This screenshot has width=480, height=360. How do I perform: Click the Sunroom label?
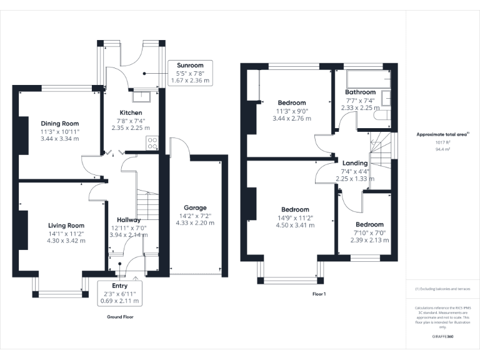click(x=191, y=65)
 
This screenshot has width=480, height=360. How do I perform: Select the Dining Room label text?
click(x=59, y=123)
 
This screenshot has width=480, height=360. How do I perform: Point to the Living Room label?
click(x=66, y=226)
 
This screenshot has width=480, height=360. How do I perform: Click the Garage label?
click(x=194, y=207)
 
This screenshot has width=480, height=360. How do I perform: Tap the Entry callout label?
click(x=119, y=286)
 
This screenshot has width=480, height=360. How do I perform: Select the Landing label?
click(x=355, y=162)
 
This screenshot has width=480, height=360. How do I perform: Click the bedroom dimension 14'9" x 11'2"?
click(x=295, y=218)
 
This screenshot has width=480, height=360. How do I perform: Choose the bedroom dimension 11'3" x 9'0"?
click(x=292, y=111)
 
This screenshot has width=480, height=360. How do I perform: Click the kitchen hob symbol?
click(x=151, y=143)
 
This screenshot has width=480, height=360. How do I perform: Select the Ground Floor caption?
click(x=121, y=317)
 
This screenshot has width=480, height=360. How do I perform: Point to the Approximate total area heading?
click(x=442, y=134)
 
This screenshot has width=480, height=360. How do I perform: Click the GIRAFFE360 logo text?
click(x=442, y=336)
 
